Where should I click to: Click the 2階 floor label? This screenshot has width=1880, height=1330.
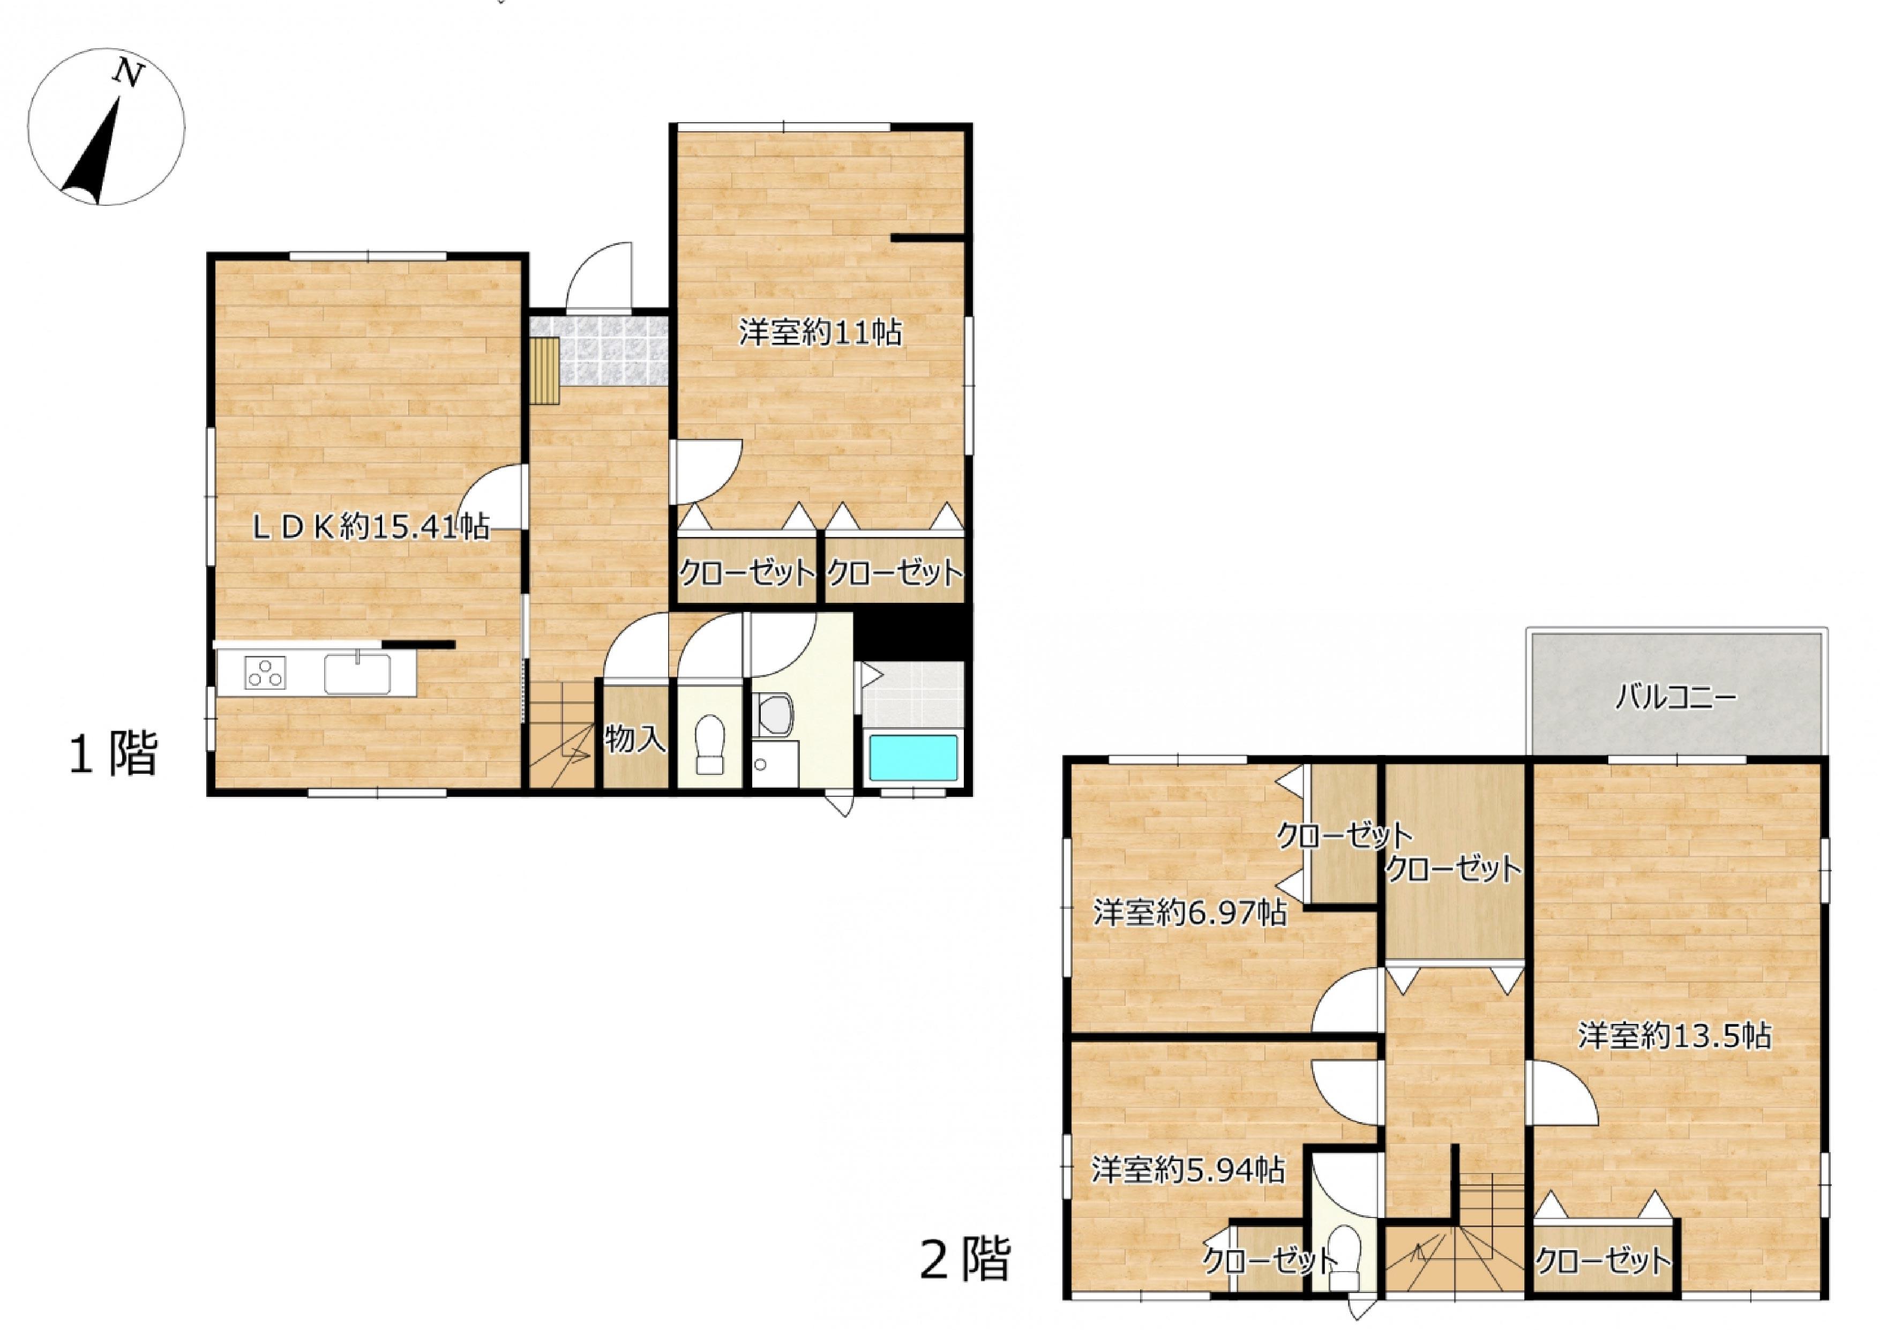(965, 1259)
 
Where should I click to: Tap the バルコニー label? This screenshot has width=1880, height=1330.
(1675, 699)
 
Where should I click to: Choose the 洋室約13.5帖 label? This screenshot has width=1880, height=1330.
(1674, 1035)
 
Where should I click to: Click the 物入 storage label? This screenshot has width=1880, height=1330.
(635, 739)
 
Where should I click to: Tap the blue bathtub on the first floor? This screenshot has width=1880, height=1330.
(913, 758)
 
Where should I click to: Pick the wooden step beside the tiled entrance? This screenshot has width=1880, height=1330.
(544, 371)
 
